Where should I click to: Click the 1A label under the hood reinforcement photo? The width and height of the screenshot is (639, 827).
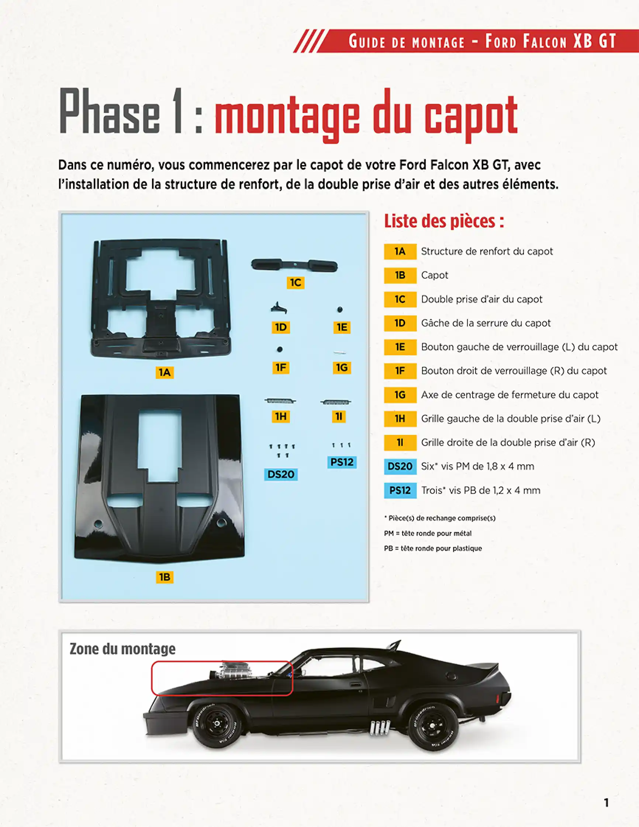click(164, 372)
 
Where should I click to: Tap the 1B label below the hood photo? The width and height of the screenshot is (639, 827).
click(164, 577)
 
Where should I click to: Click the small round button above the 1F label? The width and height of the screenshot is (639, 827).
click(280, 349)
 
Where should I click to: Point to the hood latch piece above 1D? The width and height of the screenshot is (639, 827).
click(279, 308)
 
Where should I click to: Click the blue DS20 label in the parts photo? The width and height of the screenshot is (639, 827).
click(280, 474)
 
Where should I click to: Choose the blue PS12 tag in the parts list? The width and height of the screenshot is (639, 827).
click(400, 490)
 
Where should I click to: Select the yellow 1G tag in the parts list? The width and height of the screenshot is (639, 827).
click(400, 395)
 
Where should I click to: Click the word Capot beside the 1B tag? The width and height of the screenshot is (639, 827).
click(434, 275)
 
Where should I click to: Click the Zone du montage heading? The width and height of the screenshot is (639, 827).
click(122, 649)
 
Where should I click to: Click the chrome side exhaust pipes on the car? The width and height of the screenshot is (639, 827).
click(380, 727)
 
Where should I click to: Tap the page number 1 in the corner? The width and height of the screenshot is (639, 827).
click(606, 803)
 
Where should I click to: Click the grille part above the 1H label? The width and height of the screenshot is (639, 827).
click(280, 401)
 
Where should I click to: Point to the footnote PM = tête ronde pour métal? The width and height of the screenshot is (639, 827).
click(428, 533)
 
